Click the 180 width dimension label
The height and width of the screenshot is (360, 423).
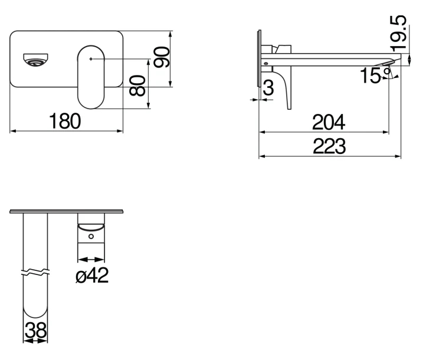click(x=65, y=121)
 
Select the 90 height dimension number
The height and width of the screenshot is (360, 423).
click(x=161, y=57)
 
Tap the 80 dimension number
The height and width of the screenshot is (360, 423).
click(x=137, y=86)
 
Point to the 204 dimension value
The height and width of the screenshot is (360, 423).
click(x=329, y=122)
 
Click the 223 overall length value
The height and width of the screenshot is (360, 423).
click(x=329, y=146)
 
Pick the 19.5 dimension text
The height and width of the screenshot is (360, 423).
click(x=398, y=34)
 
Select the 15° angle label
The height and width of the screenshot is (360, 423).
click(x=375, y=76)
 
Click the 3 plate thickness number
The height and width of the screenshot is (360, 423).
click(x=268, y=88)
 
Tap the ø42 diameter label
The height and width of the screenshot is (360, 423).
click(x=92, y=275)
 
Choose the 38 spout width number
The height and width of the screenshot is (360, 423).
click(x=35, y=330)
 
